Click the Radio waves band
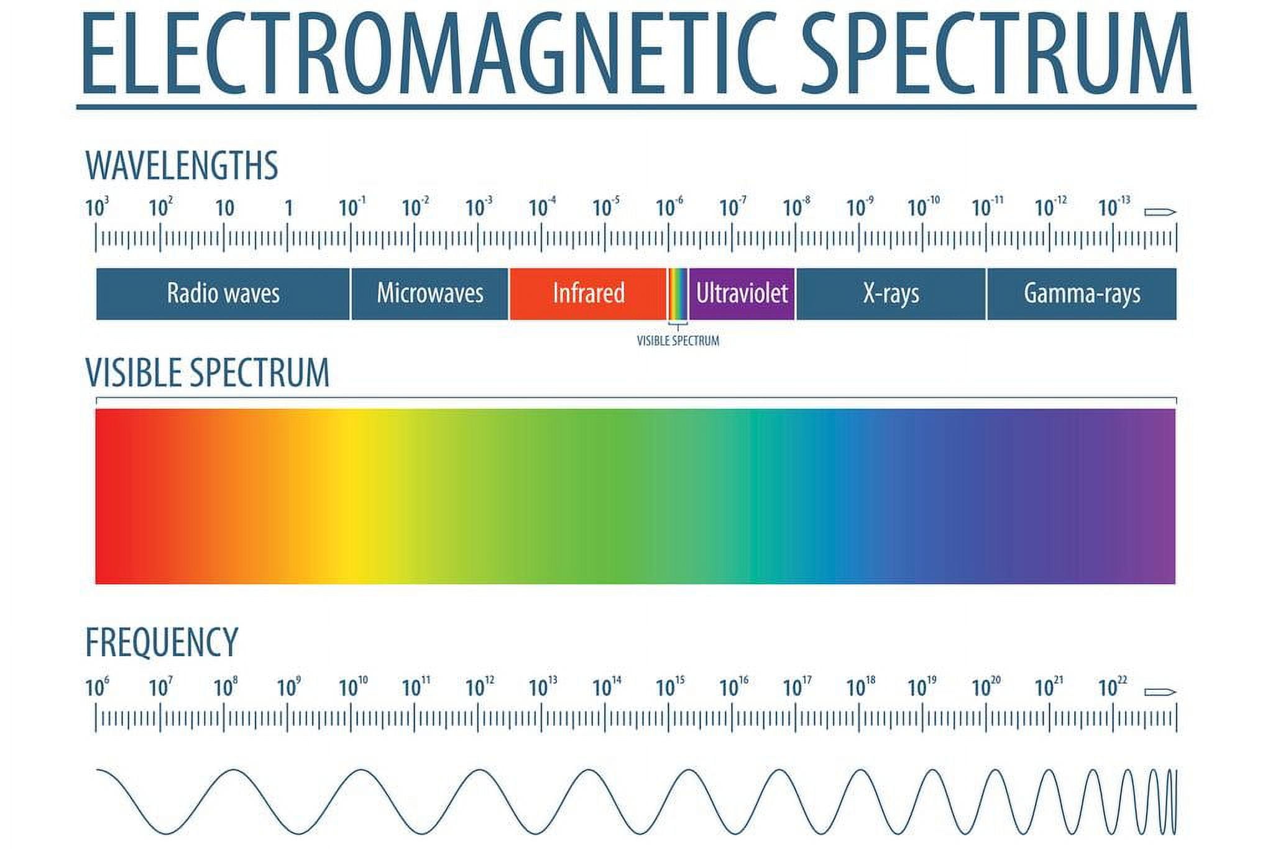point(223,294)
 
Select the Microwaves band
point(430,294)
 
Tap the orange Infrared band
point(588,294)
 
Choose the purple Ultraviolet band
point(742,294)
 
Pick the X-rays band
point(891,294)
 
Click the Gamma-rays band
point(1082,294)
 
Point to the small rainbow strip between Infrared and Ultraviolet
point(678,294)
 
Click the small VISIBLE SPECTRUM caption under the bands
point(678,341)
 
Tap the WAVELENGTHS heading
point(182,165)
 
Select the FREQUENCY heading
point(162,642)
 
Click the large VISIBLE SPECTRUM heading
point(207,373)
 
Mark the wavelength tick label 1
point(288,208)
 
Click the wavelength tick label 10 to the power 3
point(97,207)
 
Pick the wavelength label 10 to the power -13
point(1114,206)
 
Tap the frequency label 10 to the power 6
point(97,687)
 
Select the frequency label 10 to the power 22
point(1113,687)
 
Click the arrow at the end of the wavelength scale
point(1160,213)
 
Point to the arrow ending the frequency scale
point(1160,692)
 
